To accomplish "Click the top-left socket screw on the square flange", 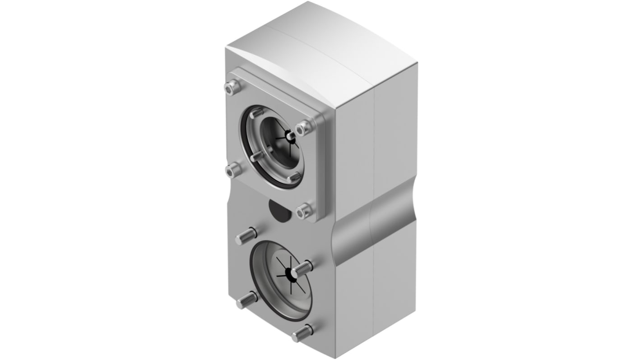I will [x=232, y=87].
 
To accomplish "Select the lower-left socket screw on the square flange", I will [x=233, y=171].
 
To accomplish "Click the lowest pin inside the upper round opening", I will [x=293, y=177].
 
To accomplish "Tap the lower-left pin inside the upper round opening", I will [x=256, y=156].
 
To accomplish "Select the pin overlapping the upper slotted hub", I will [x=291, y=136].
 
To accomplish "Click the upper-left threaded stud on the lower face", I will [x=246, y=235].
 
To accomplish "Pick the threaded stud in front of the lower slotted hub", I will [x=302, y=269].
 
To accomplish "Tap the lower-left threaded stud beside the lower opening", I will [x=246, y=300].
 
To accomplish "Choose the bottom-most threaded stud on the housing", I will [x=302, y=334].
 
